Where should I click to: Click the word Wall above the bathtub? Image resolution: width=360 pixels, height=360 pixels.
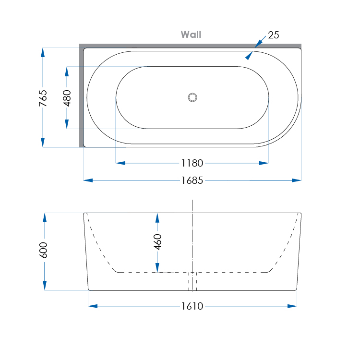pos(191,35)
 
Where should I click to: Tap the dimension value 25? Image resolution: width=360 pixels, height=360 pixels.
pos(274,35)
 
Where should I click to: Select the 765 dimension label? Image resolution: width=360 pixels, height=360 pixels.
pos(43,98)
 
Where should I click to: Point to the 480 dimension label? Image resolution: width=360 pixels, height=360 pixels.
pos(67,98)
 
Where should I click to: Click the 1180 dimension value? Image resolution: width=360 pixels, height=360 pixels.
pos(192,163)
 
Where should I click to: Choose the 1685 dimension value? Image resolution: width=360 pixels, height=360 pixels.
pos(192,180)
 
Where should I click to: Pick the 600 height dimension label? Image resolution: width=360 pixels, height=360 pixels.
pos(44,251)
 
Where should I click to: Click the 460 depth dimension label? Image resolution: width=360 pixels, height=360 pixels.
pos(157,242)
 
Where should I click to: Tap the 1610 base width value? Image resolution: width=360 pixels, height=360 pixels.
pos(192,306)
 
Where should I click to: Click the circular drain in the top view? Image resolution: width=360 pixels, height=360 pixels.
pos(192,97)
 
